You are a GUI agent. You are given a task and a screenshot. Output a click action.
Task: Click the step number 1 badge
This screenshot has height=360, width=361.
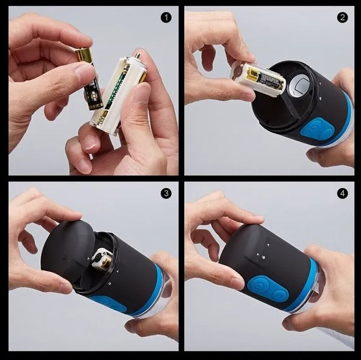click(166, 17)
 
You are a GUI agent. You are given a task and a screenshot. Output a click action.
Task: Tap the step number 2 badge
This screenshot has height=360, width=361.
click(342, 17)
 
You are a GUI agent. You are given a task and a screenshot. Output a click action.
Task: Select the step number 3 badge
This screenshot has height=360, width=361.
click(166, 193)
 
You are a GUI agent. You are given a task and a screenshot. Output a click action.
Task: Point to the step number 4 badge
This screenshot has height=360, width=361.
click(342, 193)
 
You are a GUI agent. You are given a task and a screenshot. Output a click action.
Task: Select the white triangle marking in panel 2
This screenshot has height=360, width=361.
click(318, 97)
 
